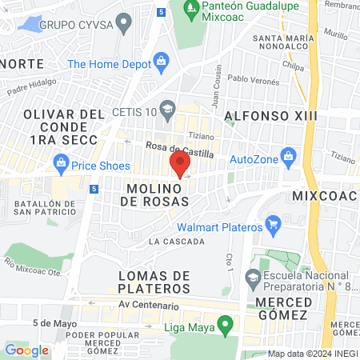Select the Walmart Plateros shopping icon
pyautogui.click(x=273, y=223)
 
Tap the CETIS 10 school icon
pyautogui.click(x=168, y=107)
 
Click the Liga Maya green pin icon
pyautogui.click(x=226, y=326)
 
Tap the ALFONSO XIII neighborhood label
pyautogui.click(x=270, y=116)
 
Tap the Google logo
pyautogui.click(x=26, y=350)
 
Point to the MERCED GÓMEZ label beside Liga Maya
pyautogui.click(x=282, y=314)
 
